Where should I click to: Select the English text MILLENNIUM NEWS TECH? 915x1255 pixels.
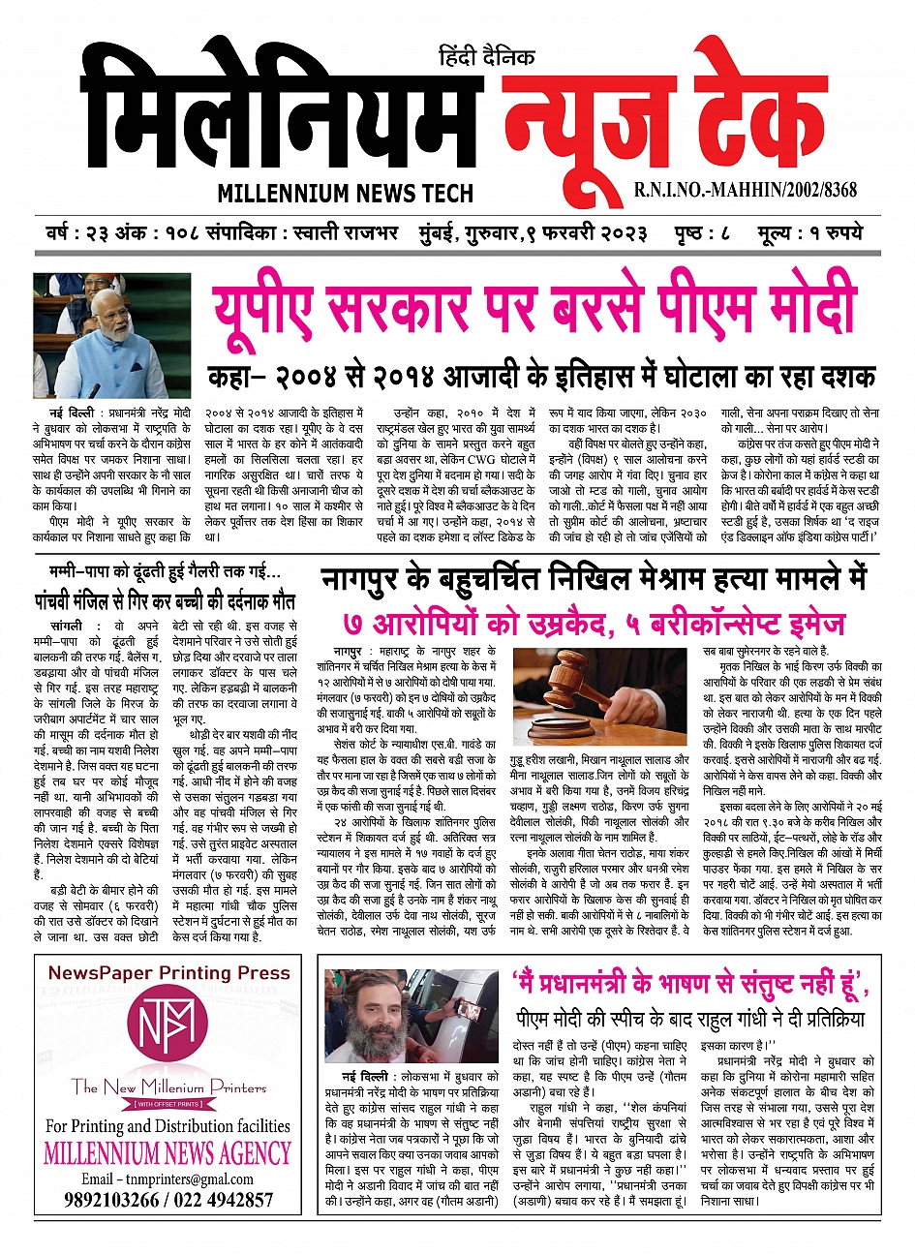coord(345,193)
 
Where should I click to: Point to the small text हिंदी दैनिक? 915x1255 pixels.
coord(487,57)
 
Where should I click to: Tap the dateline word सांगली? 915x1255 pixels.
coord(69,627)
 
